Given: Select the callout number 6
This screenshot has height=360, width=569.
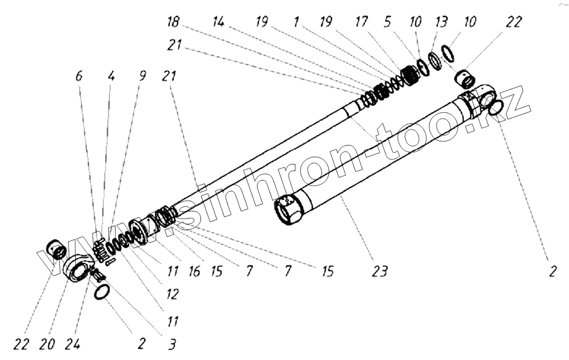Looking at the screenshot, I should click(78, 76).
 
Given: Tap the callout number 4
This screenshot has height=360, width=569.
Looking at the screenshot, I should click(111, 76).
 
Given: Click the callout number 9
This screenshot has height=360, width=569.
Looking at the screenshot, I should click(142, 76).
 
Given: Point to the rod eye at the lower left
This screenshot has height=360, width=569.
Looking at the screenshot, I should click(80, 268).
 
